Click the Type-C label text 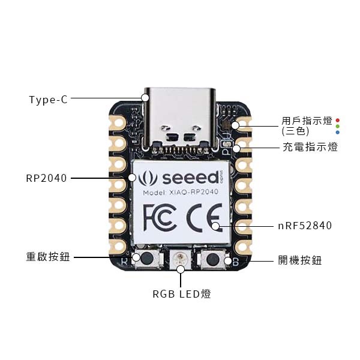[x=49, y=100]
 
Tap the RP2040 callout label [x=46, y=178]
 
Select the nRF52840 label [x=305, y=226]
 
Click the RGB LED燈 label [x=182, y=294]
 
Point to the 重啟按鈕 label [x=48, y=256]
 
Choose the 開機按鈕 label [x=300, y=260]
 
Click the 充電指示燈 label [x=310, y=147]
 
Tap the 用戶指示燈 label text [x=307, y=121]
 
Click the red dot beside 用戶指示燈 [x=337, y=120]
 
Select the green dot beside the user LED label [x=337, y=126]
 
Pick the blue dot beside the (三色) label [x=337, y=132]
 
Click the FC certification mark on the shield [x=160, y=218]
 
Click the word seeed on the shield [x=190, y=178]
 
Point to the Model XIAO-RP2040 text [x=181, y=192]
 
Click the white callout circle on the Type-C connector [x=145, y=98]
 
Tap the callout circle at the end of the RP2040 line [x=132, y=178]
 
